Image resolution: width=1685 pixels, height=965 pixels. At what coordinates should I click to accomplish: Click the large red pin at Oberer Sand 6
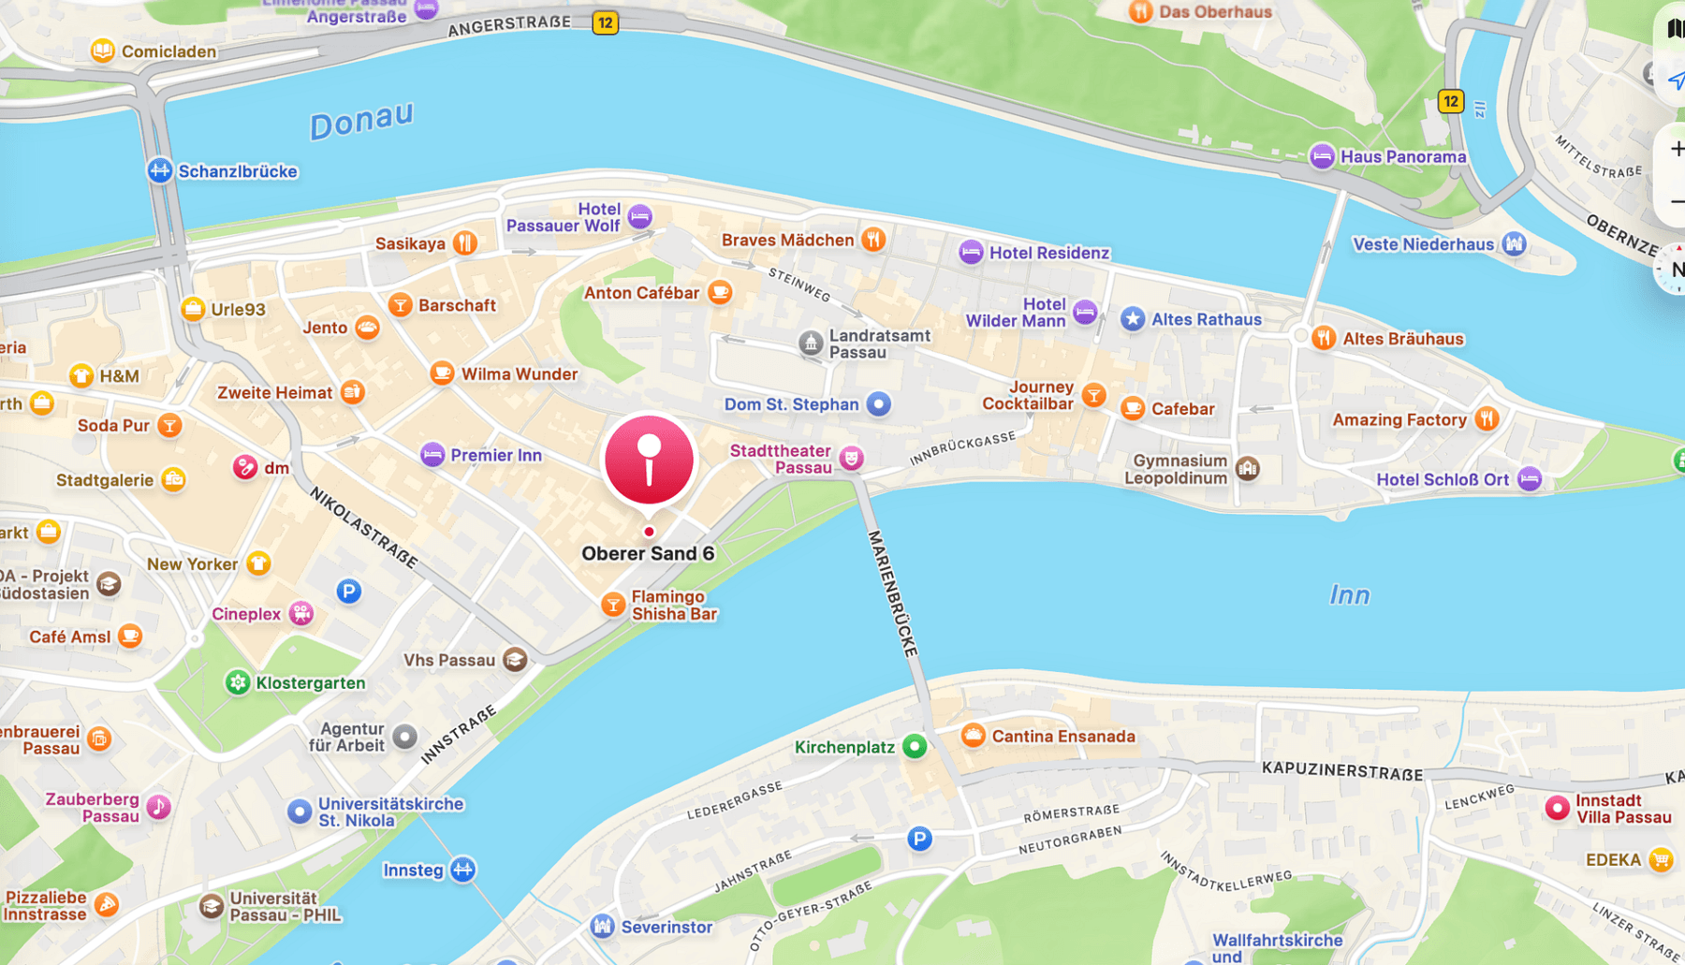tap(649, 460)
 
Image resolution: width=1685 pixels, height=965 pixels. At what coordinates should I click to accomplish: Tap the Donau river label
tap(361, 121)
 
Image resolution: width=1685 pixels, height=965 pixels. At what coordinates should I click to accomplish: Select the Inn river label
tap(1349, 594)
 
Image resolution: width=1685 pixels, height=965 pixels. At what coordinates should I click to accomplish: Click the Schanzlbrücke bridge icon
tap(160, 170)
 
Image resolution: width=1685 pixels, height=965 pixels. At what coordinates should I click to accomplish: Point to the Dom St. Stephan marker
tap(878, 404)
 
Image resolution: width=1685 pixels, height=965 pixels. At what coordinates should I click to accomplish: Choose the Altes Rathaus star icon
tap(1133, 319)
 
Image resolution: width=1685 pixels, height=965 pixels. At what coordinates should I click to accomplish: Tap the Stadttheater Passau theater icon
tap(851, 458)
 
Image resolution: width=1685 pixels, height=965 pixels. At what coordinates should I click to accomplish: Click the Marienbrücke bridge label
tap(892, 593)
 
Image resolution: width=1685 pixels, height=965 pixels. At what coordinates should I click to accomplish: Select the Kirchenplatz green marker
tap(915, 746)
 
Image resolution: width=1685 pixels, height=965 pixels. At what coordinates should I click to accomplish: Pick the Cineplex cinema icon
tap(300, 614)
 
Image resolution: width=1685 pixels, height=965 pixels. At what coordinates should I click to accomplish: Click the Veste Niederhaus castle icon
tap(1514, 244)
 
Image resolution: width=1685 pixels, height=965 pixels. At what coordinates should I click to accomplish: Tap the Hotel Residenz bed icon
tap(971, 252)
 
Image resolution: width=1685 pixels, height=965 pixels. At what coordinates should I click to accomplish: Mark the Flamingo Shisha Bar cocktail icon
tap(613, 605)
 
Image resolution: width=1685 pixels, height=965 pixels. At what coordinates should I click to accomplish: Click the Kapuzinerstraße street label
tap(1341, 770)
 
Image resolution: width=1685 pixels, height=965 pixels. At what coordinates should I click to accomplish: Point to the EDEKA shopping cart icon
tap(1661, 859)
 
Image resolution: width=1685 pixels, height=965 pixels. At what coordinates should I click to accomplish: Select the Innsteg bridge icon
tap(462, 870)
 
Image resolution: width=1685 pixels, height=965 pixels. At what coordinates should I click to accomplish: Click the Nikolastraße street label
tap(363, 527)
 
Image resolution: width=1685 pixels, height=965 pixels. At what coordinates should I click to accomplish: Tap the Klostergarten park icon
tap(238, 682)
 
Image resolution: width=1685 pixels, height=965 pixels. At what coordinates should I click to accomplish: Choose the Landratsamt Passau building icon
tap(811, 343)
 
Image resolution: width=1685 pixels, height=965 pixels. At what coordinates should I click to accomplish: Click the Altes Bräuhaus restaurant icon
tap(1323, 338)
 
